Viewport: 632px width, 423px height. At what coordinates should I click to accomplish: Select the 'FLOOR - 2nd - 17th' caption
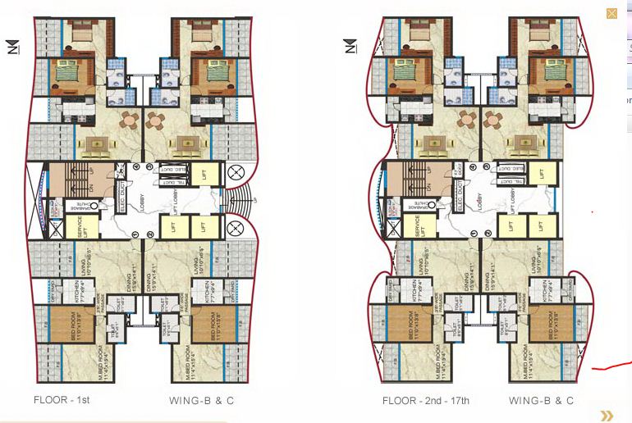(x=425, y=401)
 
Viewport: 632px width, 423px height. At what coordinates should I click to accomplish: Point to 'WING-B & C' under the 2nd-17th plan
(x=541, y=401)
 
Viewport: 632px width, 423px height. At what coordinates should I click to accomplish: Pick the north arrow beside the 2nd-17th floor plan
(x=350, y=47)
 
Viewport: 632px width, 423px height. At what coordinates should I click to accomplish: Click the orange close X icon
(x=611, y=13)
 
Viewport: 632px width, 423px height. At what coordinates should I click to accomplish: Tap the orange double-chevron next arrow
(x=607, y=416)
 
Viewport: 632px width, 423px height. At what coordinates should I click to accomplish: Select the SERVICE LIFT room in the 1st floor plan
(x=82, y=224)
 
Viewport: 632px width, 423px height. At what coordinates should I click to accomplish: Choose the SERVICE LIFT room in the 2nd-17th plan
(x=418, y=224)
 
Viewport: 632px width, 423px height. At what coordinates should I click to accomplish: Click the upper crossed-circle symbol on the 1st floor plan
(x=235, y=173)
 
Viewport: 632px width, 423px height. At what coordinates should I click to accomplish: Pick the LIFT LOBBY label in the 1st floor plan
(x=176, y=199)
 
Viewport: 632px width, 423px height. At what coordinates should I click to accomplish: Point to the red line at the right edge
(x=611, y=366)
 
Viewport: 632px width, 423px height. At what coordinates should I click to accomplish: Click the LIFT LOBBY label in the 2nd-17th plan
(x=515, y=199)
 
